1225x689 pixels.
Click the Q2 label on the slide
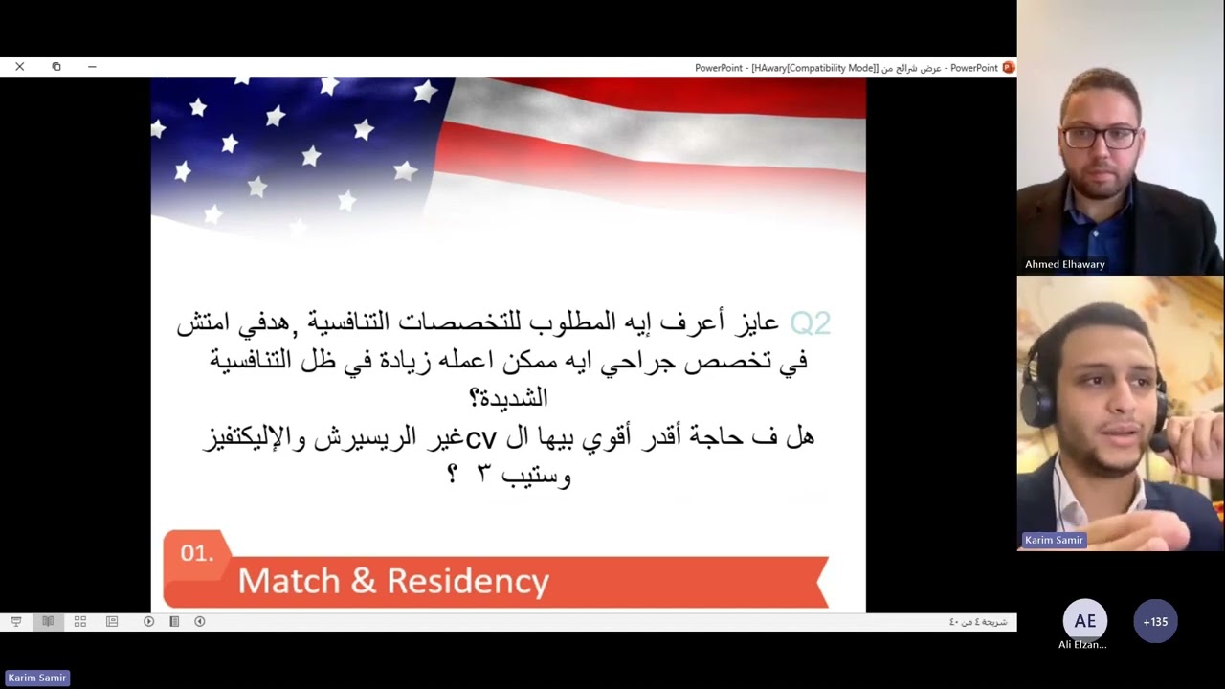(810, 323)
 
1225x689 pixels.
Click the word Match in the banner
(289, 581)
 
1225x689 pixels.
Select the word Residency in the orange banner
(472, 581)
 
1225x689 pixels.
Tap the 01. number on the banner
(196, 553)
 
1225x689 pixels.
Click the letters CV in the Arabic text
(480, 438)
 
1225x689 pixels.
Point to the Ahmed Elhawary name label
(1064, 264)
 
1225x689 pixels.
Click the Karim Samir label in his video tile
(1054, 540)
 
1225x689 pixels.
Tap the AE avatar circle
(1084, 621)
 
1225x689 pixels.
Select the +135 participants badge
(1155, 621)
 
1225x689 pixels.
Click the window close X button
(19, 67)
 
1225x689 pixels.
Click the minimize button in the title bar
(92, 67)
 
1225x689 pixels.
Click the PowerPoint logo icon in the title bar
(1008, 68)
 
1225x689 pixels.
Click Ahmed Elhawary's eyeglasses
(1100, 137)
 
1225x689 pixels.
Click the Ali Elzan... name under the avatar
(1082, 645)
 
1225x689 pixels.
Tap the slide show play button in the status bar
(148, 621)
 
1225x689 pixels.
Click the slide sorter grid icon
(80, 621)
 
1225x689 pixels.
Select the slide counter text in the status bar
(977, 622)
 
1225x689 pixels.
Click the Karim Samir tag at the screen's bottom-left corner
(36, 678)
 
